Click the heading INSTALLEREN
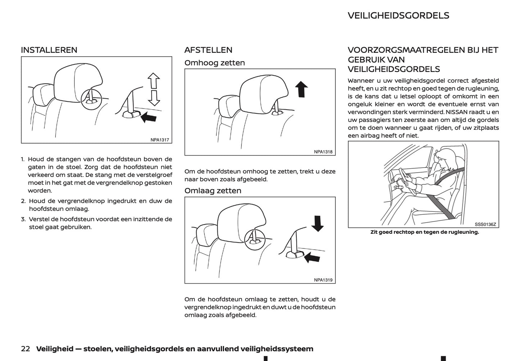tap(49, 50)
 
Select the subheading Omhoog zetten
tap(214, 63)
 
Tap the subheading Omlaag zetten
tap(213, 191)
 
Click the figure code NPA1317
tap(159, 140)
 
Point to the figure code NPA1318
tap(323, 152)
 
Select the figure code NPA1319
tap(323, 280)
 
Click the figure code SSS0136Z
tap(485, 224)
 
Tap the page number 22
tap(25, 349)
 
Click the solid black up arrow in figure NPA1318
tap(301, 89)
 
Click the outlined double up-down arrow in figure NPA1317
tap(154, 89)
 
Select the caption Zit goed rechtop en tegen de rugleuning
tap(425, 232)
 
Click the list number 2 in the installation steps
tap(23, 201)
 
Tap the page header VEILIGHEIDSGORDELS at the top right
tap(398, 15)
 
